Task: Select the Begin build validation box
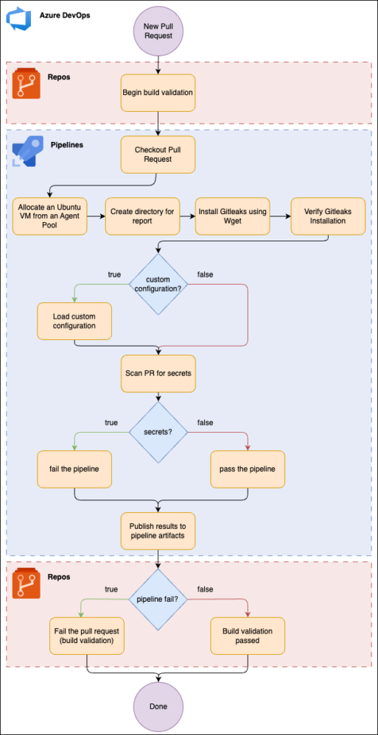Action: click(158, 93)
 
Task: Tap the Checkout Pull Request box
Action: click(158, 155)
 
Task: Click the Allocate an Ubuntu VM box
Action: click(50, 216)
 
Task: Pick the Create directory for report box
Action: click(142, 216)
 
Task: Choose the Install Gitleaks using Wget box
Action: click(232, 216)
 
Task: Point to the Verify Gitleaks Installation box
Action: click(328, 216)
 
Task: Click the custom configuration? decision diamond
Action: click(158, 284)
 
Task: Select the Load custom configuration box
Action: click(74, 321)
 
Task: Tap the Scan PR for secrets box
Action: click(158, 374)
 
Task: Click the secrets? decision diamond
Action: click(158, 432)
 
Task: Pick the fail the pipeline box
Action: click(74, 469)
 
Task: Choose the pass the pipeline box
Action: click(248, 469)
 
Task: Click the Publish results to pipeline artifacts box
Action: click(158, 531)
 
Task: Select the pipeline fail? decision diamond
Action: click(158, 599)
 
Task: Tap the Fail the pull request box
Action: click(87, 636)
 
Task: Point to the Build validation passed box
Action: click(248, 636)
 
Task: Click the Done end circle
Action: click(158, 706)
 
